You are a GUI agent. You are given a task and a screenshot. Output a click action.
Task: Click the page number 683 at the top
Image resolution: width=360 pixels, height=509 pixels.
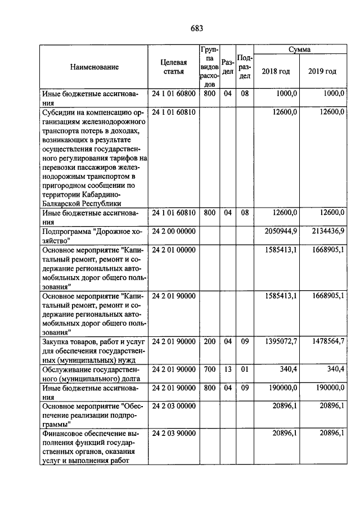(196, 28)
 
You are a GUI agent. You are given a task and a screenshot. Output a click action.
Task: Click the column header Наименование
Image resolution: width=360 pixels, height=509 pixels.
(94, 67)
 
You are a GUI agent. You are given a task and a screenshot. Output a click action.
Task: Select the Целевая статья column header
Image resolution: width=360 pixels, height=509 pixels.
(173, 67)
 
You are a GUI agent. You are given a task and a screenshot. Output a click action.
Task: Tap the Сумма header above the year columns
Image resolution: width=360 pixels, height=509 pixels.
(300, 51)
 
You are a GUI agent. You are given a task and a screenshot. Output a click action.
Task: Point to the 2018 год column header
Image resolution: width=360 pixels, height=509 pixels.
(276, 71)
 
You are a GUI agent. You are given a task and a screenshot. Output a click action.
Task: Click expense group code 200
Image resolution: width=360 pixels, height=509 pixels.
(209, 341)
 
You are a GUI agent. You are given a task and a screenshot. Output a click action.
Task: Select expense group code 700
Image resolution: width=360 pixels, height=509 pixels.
(209, 369)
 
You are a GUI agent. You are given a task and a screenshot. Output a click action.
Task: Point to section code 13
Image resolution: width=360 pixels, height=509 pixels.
(227, 369)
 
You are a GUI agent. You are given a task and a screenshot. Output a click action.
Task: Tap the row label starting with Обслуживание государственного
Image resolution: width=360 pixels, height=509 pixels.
(91, 373)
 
